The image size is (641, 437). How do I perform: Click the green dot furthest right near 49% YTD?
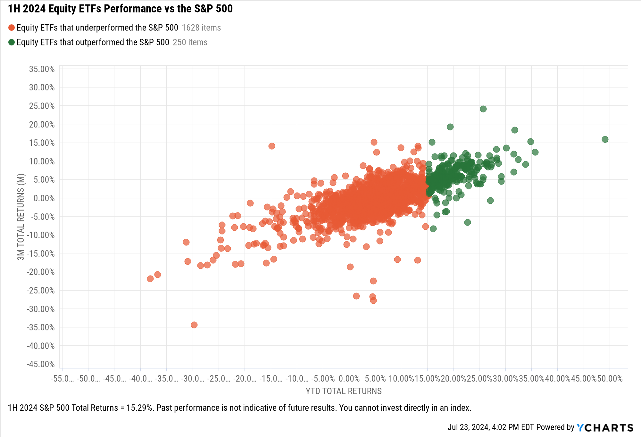tap(605, 139)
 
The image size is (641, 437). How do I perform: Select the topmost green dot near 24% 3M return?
tap(483, 109)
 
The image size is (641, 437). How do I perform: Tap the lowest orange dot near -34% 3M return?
tap(194, 325)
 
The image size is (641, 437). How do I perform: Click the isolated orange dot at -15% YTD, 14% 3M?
tap(271, 146)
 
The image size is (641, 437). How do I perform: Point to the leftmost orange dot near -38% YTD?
tap(150, 279)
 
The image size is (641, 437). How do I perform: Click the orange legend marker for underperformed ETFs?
tap(12, 28)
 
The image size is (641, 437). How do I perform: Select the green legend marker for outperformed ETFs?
tap(12, 42)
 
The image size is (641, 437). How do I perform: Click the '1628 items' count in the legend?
tap(201, 28)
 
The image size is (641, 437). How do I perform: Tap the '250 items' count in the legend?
tap(190, 43)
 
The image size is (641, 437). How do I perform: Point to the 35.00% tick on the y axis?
tap(42, 69)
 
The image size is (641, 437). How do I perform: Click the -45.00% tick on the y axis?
tap(41, 364)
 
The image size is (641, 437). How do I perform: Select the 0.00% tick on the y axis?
tap(44, 198)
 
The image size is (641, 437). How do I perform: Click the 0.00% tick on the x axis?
tap(349, 379)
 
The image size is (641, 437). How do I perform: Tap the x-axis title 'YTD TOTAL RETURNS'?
tap(344, 391)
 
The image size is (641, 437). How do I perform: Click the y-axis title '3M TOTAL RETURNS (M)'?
tap(21, 217)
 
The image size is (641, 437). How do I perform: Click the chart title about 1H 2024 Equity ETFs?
tap(120, 9)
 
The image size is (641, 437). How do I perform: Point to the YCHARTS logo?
tap(605, 428)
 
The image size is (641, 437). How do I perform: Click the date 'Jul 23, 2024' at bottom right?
tap(469, 427)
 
